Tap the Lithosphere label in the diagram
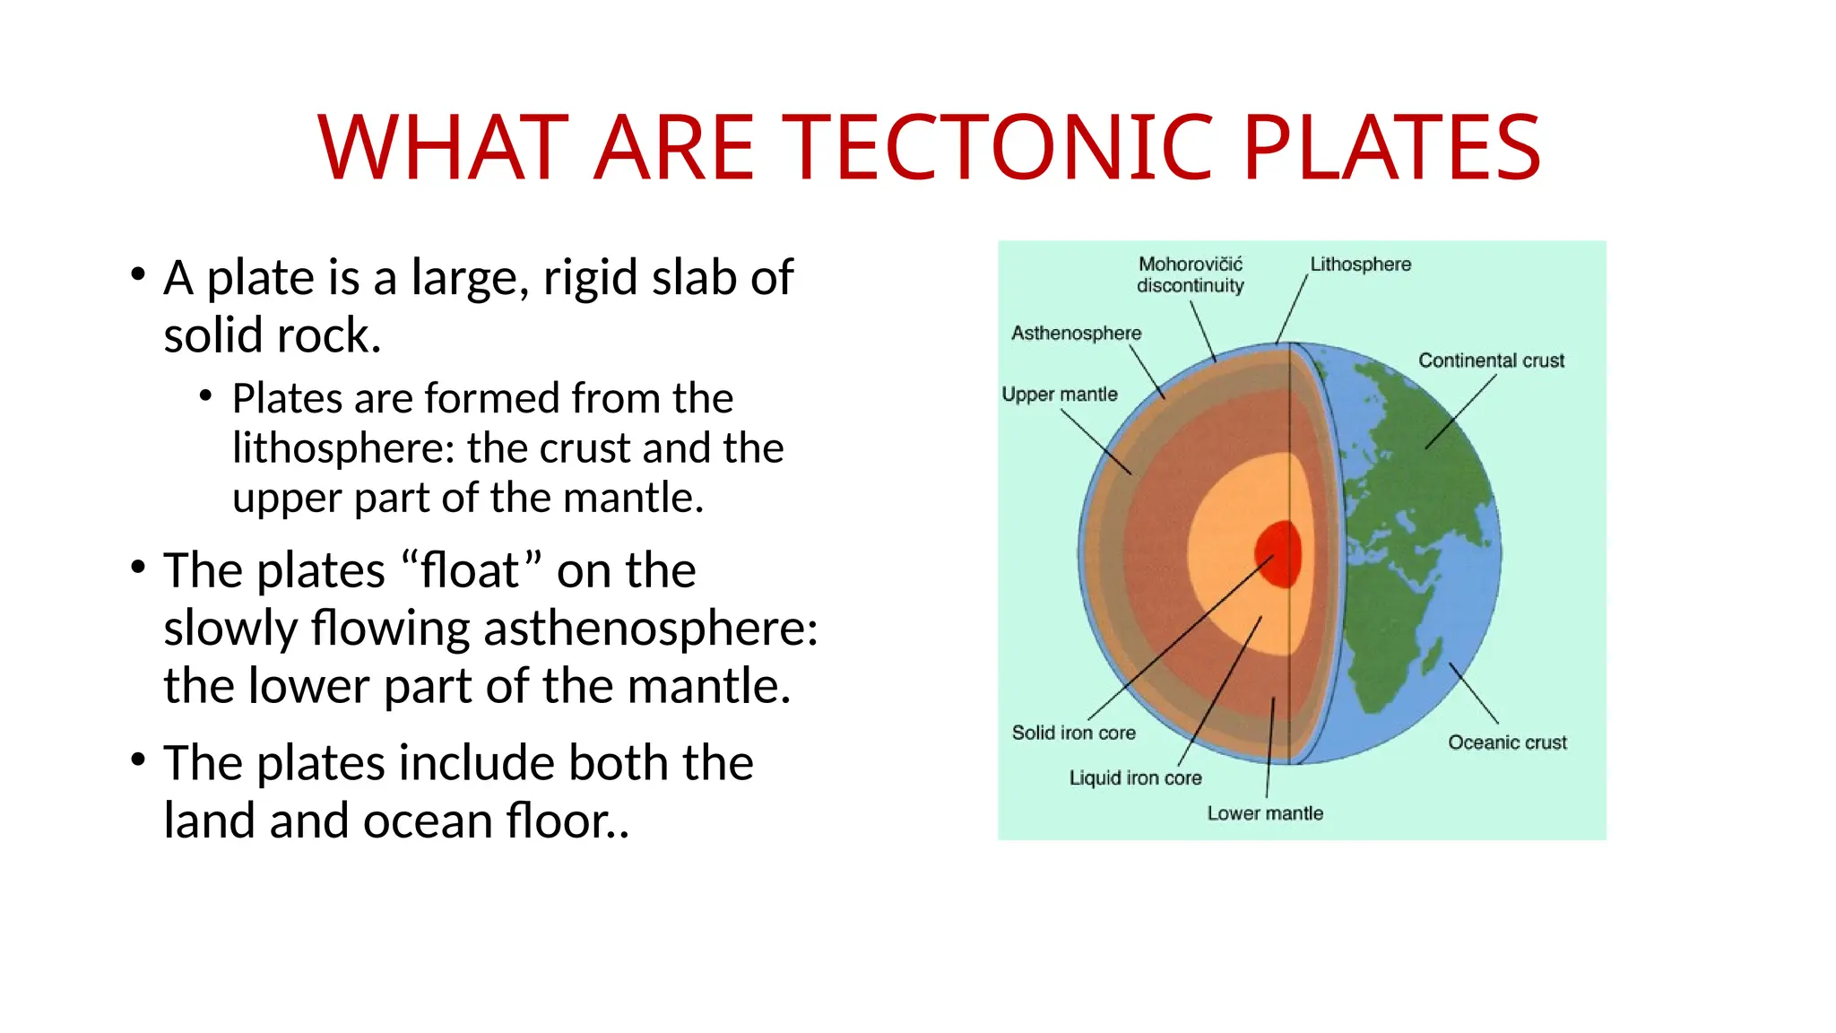point(1360,265)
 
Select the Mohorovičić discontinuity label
point(1190,274)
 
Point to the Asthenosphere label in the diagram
point(1076,334)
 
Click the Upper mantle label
point(1059,395)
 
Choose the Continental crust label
point(1490,360)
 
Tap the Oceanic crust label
point(1507,742)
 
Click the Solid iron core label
point(1073,733)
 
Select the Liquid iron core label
point(1134,778)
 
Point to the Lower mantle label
point(1264,813)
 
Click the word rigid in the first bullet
point(592,278)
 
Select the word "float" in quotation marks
point(472,570)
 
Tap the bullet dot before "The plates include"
point(137,760)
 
